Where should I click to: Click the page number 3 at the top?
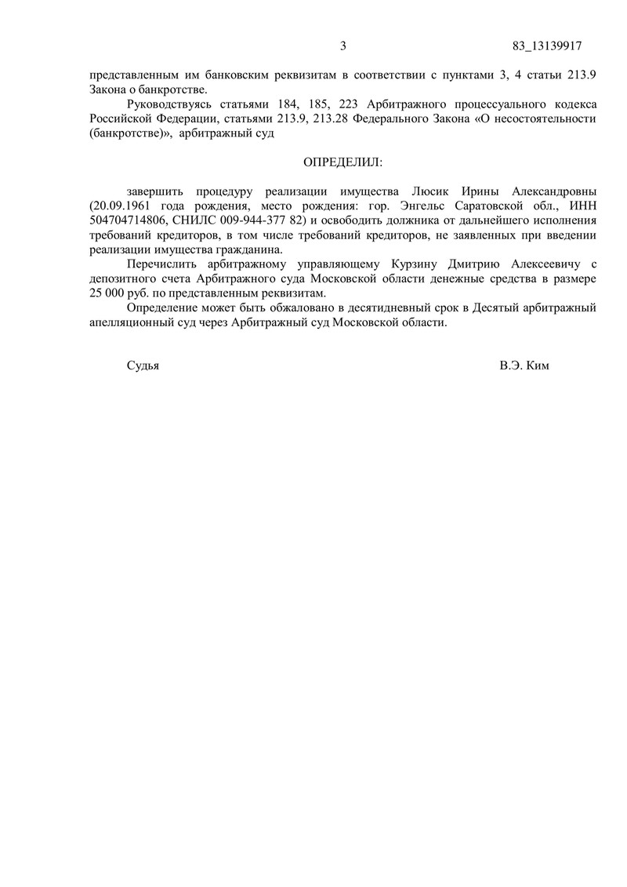(x=343, y=45)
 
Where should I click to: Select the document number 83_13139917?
(x=546, y=45)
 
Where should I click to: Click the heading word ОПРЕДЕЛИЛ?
(x=343, y=162)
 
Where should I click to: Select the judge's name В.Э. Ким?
(x=524, y=365)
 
